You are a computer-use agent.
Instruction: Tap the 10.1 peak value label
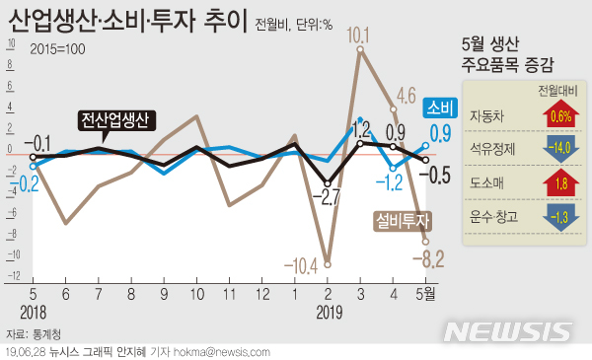[358, 36]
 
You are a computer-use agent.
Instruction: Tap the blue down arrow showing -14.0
[559, 151]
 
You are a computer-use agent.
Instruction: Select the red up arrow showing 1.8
[559, 184]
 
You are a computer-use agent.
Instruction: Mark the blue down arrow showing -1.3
[559, 218]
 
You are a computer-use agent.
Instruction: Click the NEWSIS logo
[512, 329]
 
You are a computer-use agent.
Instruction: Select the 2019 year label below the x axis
[328, 312]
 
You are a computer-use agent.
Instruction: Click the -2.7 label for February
[330, 195]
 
